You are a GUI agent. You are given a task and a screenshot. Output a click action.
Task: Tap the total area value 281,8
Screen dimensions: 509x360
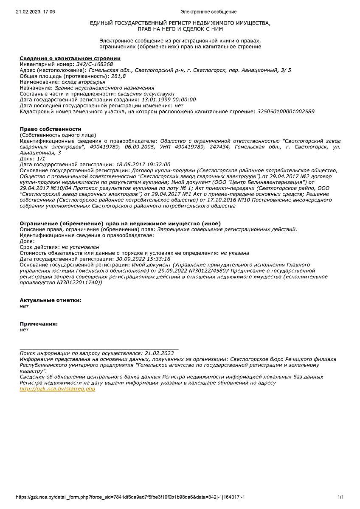(x=118, y=76)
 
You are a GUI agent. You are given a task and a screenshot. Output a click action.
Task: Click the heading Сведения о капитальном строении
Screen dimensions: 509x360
(x=70, y=58)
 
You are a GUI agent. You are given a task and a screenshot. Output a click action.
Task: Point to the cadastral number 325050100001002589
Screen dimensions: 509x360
(x=286, y=112)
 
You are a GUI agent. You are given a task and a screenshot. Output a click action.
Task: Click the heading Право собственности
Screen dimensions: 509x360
(x=51, y=129)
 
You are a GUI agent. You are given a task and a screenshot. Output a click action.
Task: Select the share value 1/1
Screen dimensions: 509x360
(x=41, y=158)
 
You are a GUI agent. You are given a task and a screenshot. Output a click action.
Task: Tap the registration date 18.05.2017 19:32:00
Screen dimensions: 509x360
(x=143, y=164)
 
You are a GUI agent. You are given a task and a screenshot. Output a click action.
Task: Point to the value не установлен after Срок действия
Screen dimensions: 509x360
(x=80, y=247)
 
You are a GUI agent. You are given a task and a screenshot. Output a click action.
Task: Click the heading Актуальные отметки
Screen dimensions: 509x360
(x=51, y=300)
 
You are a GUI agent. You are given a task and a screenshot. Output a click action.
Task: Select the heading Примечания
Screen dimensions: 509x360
(x=39, y=324)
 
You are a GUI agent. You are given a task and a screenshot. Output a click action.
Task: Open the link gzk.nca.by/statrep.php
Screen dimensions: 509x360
(x=57, y=389)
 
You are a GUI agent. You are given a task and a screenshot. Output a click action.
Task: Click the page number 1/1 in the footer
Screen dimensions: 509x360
(x=340, y=497)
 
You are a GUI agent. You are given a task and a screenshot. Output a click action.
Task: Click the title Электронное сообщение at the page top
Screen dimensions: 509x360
(x=208, y=12)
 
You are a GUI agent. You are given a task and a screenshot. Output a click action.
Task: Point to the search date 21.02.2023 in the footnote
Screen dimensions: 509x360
(x=159, y=353)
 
